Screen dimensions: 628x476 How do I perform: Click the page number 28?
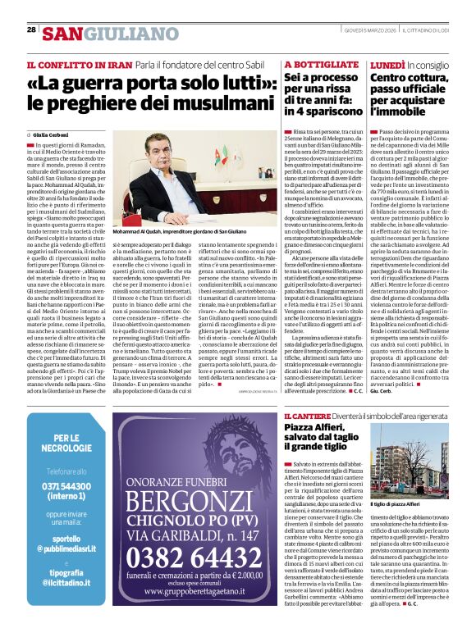coord(31,30)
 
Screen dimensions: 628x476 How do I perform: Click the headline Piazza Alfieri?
coord(319,431)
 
